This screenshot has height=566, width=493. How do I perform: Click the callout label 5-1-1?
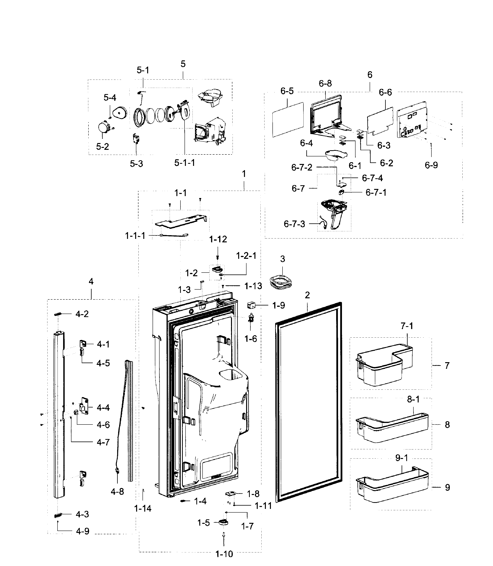185,163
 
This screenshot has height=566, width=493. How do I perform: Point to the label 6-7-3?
294,224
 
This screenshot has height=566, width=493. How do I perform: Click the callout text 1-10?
224,554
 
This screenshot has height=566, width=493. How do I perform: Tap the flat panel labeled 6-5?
288,119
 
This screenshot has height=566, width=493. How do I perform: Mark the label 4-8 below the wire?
117,491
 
